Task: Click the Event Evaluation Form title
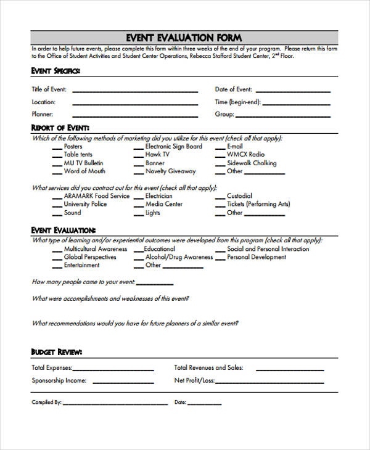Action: pos(184,38)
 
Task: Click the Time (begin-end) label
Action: pos(237,102)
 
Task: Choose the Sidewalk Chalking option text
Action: pos(252,163)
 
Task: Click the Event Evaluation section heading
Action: pos(63,230)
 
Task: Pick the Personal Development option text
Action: pos(257,257)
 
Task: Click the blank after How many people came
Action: pos(154,284)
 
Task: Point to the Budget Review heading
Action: pos(57,352)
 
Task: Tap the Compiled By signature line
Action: pos(115,404)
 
